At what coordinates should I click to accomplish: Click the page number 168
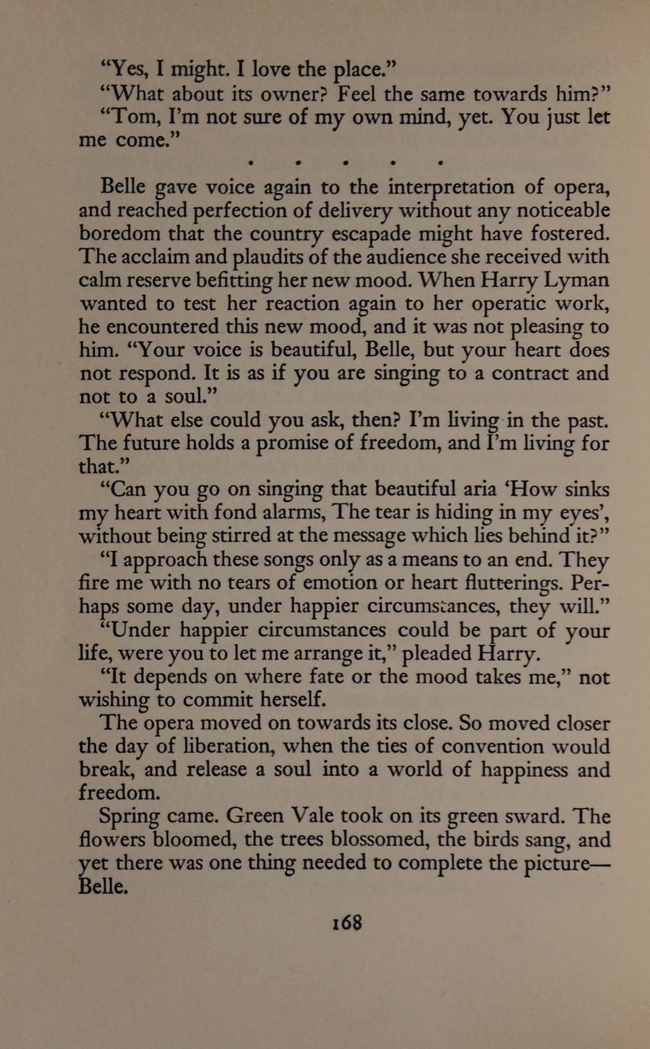[x=347, y=922]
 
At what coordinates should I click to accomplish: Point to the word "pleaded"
[x=436, y=653]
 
